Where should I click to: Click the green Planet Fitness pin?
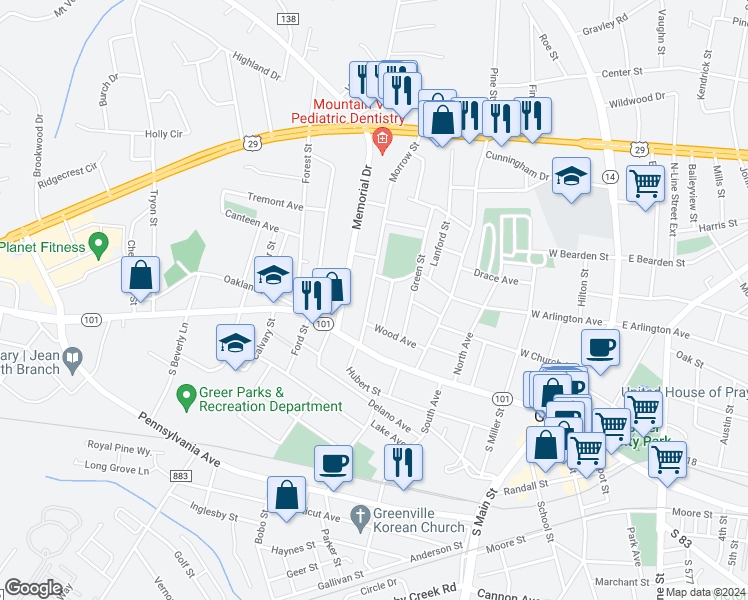pos(98,243)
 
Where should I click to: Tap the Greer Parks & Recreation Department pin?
pos(185,397)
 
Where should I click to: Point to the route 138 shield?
pos(289,19)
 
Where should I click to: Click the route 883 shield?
pos(181,476)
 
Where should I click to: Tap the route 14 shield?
pos(609,176)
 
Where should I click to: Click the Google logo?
pos(33,587)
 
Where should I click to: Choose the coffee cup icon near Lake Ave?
pos(333,463)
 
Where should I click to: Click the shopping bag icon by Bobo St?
pos(286,494)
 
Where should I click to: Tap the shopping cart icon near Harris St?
pos(646,183)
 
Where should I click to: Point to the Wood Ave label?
pos(394,335)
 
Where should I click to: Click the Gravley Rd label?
pos(608,19)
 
